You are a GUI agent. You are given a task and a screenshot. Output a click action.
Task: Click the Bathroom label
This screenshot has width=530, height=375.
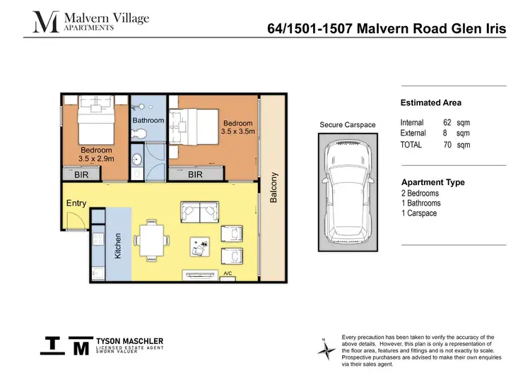point(148,120)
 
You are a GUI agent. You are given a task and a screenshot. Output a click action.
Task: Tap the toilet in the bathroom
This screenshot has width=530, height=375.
point(141,134)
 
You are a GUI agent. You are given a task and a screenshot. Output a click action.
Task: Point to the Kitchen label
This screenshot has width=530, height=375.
point(118,244)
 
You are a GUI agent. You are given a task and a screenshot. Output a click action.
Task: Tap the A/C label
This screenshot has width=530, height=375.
point(228,273)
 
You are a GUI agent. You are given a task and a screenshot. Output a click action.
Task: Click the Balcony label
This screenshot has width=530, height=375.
point(273,188)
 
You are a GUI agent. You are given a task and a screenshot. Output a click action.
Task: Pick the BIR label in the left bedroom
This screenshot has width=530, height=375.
point(81,174)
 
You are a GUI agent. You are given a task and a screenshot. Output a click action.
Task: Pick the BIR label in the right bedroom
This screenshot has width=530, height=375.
point(196,174)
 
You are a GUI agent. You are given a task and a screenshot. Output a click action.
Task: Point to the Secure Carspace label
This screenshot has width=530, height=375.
point(348,125)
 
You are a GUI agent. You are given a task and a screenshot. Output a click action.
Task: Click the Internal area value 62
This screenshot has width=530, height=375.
point(447,122)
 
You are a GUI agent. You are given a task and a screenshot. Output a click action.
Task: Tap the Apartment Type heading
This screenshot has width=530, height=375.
point(433,182)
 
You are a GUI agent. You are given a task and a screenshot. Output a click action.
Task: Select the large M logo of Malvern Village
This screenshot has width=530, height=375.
point(46,21)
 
